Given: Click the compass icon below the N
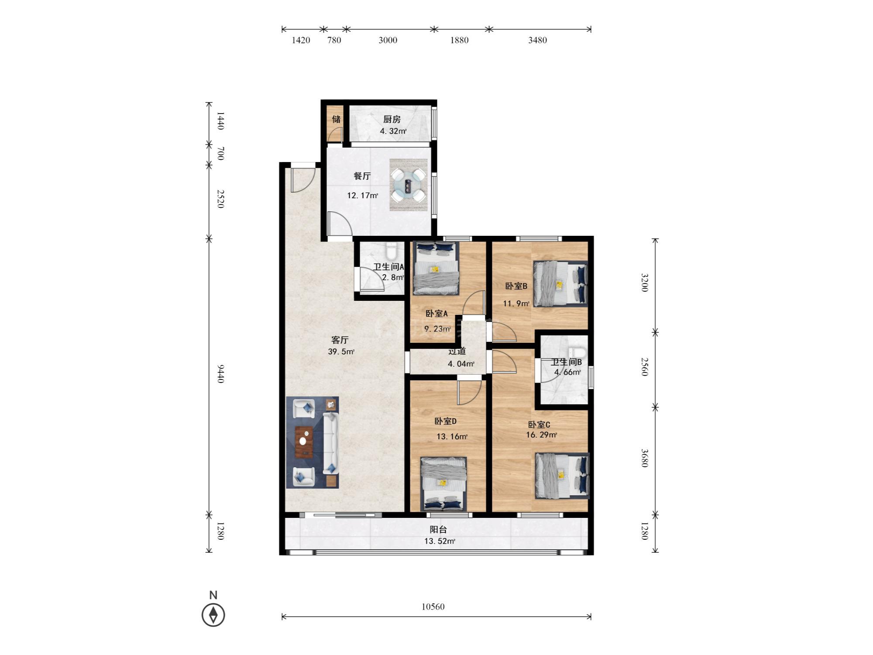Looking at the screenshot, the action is tap(213, 615).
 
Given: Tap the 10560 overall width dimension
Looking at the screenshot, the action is tap(433, 607).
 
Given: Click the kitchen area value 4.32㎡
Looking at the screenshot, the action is tap(393, 131).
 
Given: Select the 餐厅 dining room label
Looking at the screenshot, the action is tap(362, 176).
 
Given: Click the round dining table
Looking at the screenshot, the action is tap(409, 186).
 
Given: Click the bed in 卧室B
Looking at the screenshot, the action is tap(560, 283).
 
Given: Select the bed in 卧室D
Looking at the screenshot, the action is tap(443, 484).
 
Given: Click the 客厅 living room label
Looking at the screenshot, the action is tap(340, 340).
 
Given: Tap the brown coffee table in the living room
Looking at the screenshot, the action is tap(304, 441).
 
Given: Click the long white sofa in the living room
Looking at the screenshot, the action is tap(331, 444).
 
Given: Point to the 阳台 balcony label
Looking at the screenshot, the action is tap(438, 530).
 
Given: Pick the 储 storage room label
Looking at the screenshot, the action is tap(336, 119).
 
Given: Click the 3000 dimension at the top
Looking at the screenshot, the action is tap(388, 40).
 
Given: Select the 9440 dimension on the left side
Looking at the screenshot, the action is tap(221, 373).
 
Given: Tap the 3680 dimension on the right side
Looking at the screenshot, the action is tap(644, 458).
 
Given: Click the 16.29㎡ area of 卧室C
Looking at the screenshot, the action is tap(541, 435).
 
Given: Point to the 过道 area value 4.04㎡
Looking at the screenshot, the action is tap(461, 364).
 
